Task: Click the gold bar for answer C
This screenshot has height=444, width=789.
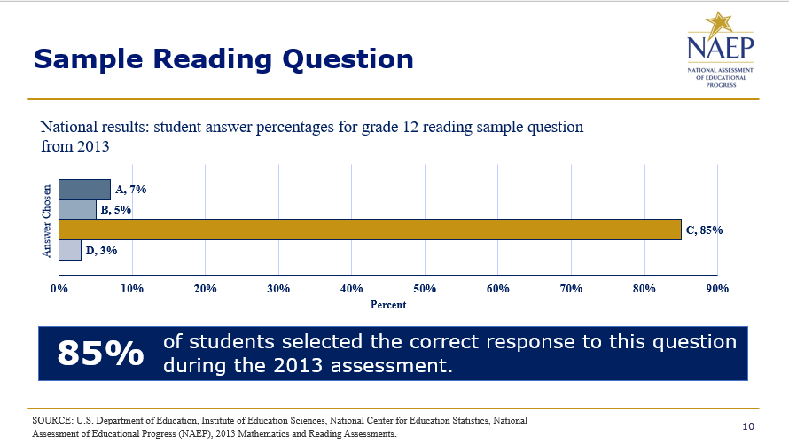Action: coord(370,230)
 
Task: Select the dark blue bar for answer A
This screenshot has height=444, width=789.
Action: coord(84,190)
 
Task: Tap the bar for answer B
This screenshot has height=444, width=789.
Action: coord(77,210)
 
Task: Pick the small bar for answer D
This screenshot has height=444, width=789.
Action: coord(70,250)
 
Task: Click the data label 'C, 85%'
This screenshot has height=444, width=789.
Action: coord(705,230)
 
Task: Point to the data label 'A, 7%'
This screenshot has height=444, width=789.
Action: coord(131,189)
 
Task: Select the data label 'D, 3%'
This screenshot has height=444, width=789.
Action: coord(101,250)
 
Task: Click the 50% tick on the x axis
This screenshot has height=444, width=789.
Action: coord(425,289)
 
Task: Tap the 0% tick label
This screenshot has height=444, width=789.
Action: coord(59,289)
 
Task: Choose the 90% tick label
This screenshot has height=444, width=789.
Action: coord(717,289)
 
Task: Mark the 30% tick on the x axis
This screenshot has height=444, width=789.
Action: coord(278,289)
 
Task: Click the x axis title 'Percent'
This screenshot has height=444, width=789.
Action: coord(388,305)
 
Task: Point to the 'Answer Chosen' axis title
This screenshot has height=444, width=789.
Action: coord(46,222)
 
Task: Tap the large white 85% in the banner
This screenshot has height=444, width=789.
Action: coord(101,353)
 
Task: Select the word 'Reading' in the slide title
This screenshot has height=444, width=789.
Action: coord(213,60)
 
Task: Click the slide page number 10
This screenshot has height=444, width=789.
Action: coord(748,426)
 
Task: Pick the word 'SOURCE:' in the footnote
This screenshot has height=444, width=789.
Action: coord(52,420)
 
